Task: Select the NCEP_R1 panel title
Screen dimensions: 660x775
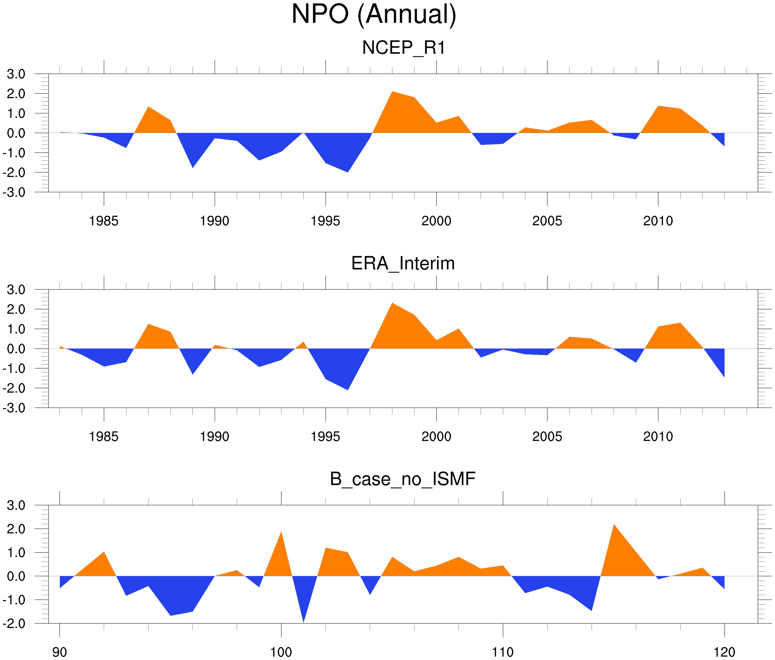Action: pos(404,48)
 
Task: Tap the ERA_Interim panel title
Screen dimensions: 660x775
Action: pos(403,263)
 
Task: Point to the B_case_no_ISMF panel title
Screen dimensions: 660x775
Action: pos(402,479)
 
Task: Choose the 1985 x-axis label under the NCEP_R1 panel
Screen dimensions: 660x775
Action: pos(104,221)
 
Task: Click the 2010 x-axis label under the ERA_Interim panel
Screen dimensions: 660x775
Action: pos(658,437)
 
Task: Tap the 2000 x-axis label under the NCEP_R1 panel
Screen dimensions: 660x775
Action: pos(436,221)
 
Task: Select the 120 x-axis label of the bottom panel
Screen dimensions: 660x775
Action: pos(725,652)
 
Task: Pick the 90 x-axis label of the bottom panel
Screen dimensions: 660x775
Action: pos(59,652)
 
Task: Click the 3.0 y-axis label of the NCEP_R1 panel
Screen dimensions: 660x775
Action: pos(16,74)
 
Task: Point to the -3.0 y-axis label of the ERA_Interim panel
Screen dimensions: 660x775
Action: pos(14,408)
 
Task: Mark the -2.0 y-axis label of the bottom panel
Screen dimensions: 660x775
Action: pos(14,623)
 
